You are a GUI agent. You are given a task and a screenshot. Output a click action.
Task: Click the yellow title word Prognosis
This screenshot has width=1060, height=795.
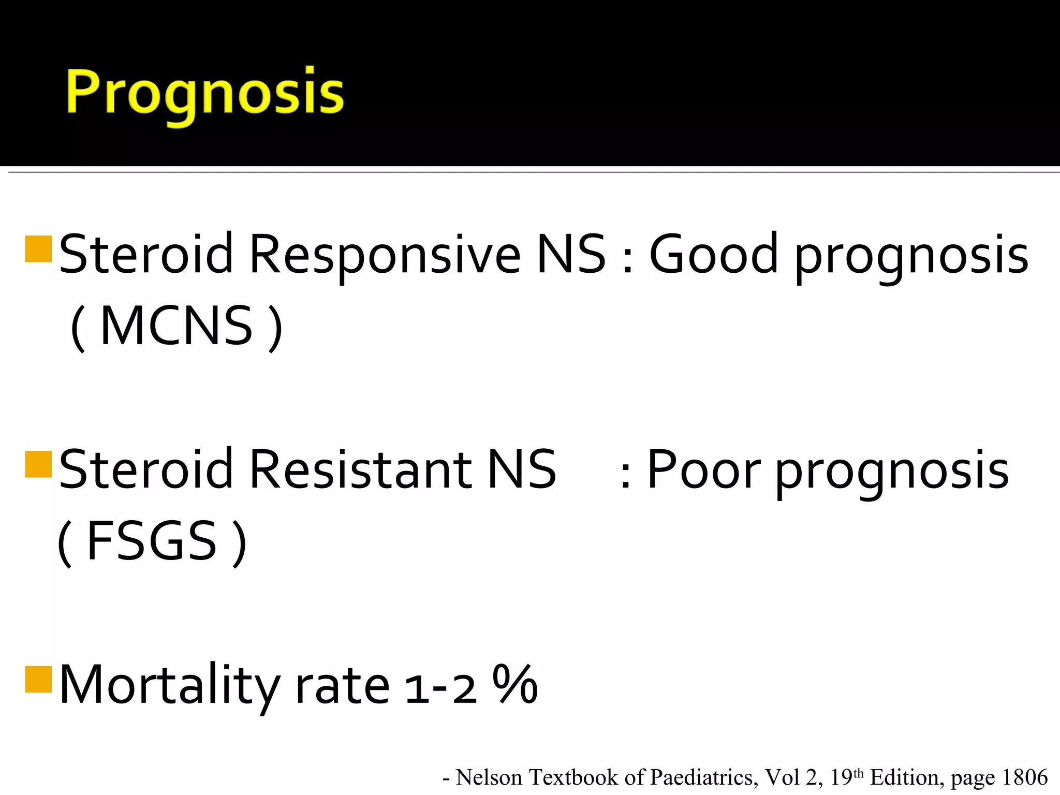point(204,93)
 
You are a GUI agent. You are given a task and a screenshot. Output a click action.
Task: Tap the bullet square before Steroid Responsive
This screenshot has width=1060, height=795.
point(38,249)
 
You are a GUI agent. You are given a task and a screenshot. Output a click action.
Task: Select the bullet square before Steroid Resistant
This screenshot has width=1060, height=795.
point(38,464)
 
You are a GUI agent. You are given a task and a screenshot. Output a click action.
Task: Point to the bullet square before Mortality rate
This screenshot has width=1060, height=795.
point(38,679)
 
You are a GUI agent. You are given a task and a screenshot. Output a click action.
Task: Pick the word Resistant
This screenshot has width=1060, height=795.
point(360,469)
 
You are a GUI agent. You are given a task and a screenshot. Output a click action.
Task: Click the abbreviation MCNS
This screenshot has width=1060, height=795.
point(176,326)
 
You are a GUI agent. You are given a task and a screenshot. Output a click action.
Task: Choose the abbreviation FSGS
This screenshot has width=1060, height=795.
point(152,541)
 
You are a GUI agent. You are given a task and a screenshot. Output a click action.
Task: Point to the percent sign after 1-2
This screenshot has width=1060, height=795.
point(515,684)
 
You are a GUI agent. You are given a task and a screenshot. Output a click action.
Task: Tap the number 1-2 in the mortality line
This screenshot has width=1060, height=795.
point(441,688)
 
